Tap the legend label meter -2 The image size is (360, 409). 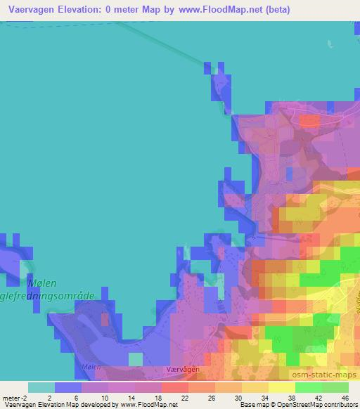pos(15,398)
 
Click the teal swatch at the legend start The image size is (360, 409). pos(41,387)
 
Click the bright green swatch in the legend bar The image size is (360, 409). pos(308,387)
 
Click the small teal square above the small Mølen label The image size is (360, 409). pos(135,358)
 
